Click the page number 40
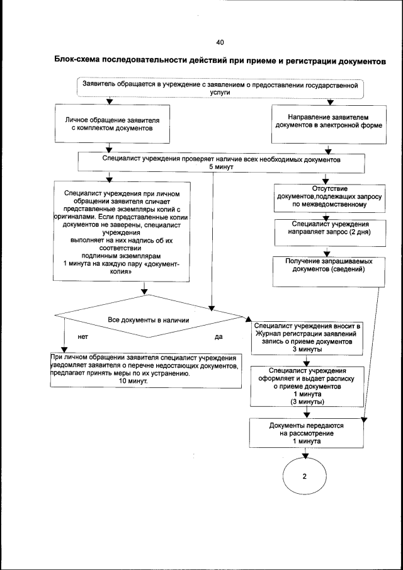pyautogui.click(x=220, y=42)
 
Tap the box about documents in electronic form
pyautogui.click(x=328, y=121)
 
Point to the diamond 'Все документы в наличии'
pyautogui.click(x=149, y=320)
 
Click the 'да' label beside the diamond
pyautogui.click(x=219, y=336)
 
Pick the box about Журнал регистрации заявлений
pyautogui.click(x=307, y=337)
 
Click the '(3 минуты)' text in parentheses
pyautogui.click(x=307, y=401)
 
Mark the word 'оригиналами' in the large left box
pyautogui.click(x=74, y=216)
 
